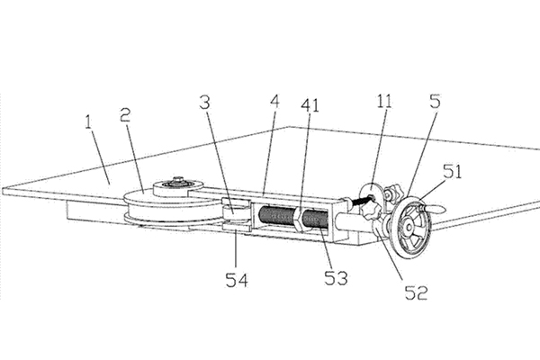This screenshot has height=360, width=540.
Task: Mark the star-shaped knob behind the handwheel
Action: (x=371, y=211)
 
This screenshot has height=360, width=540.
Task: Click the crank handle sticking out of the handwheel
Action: (x=432, y=206)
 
